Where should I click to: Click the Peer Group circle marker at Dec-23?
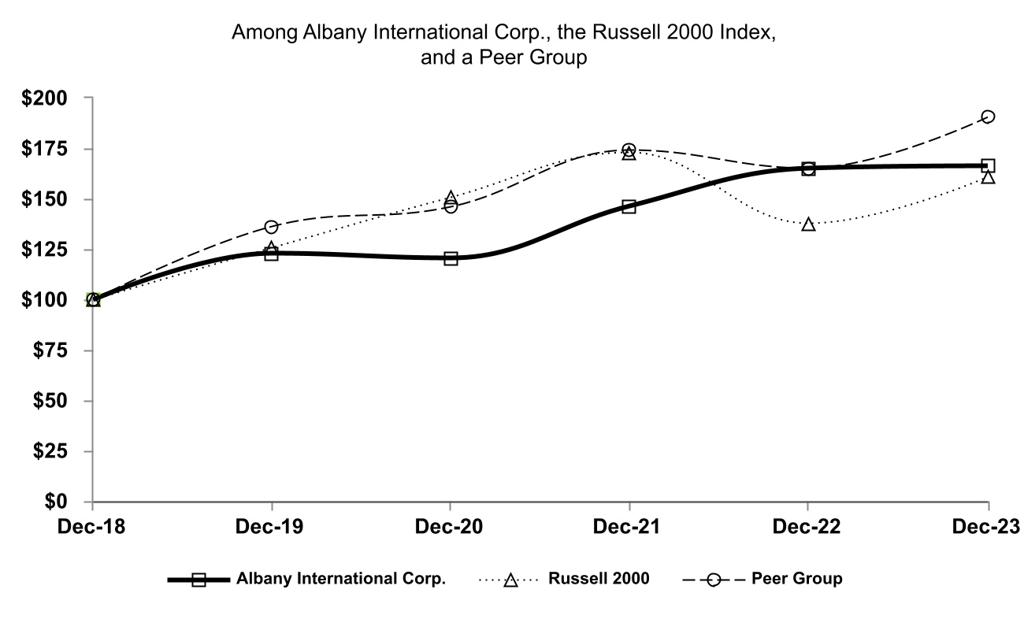(988, 117)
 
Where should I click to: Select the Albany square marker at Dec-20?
(451, 258)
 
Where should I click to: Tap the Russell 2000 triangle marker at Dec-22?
(808, 224)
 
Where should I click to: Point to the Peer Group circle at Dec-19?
(272, 227)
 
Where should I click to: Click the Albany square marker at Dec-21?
(629, 206)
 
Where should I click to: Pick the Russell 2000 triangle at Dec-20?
(451, 198)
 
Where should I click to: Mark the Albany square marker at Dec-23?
(988, 165)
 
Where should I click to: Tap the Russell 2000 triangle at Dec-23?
(988, 177)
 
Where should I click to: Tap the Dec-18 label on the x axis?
(92, 526)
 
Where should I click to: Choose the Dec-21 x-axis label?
(629, 526)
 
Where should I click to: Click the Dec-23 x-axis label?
(988, 526)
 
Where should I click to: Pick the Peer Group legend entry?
(796, 579)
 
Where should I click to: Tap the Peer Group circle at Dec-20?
(451, 206)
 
